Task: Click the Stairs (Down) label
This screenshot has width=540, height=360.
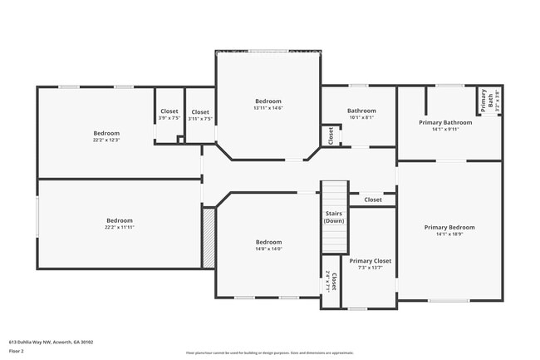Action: (334, 217)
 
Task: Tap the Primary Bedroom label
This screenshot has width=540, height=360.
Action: (449, 227)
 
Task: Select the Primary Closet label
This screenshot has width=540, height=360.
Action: (370, 261)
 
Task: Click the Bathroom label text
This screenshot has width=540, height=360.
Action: (361, 111)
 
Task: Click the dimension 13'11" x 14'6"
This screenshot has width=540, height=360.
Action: (268, 108)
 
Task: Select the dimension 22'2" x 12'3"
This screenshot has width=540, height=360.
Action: (106, 140)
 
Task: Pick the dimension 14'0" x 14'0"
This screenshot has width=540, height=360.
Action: (268, 249)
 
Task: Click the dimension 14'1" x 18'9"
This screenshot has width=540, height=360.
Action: (449, 234)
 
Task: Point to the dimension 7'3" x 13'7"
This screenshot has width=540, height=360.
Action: (370, 269)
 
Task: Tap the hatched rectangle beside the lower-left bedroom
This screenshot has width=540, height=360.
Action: (209, 237)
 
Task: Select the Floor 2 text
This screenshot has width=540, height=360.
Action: (17, 351)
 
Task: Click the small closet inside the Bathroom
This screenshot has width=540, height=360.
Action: (331, 136)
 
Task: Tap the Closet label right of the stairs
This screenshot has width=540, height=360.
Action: (373, 200)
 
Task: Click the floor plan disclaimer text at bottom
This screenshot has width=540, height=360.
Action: (270, 353)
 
